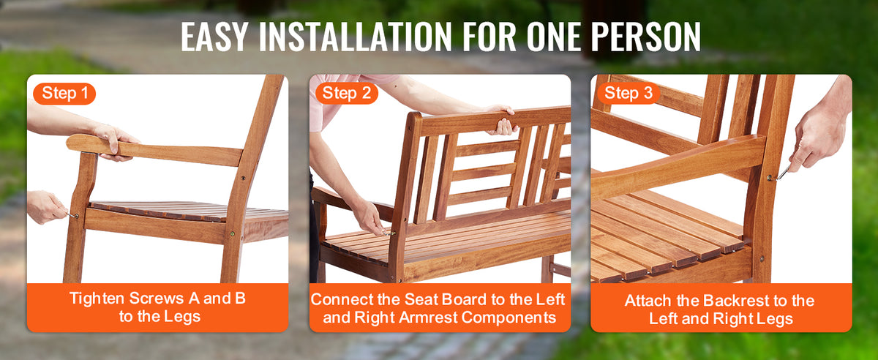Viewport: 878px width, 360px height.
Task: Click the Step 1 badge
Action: point(64,94)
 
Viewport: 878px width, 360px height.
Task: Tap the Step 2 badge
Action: point(347,94)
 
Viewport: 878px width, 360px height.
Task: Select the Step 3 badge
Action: point(629,94)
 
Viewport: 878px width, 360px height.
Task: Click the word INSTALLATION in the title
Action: point(355,37)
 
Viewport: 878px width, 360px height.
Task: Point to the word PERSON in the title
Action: point(645,37)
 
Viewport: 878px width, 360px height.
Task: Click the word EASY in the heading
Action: point(214,37)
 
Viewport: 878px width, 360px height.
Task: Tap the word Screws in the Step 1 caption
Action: point(157,299)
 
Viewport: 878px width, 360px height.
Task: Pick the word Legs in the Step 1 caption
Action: point(184,317)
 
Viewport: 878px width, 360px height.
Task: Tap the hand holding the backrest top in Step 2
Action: point(503,119)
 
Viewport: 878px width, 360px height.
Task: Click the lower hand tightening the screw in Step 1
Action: point(46,206)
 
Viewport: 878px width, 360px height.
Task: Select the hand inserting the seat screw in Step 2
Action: point(369,217)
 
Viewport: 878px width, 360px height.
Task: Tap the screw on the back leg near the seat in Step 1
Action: point(232,234)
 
